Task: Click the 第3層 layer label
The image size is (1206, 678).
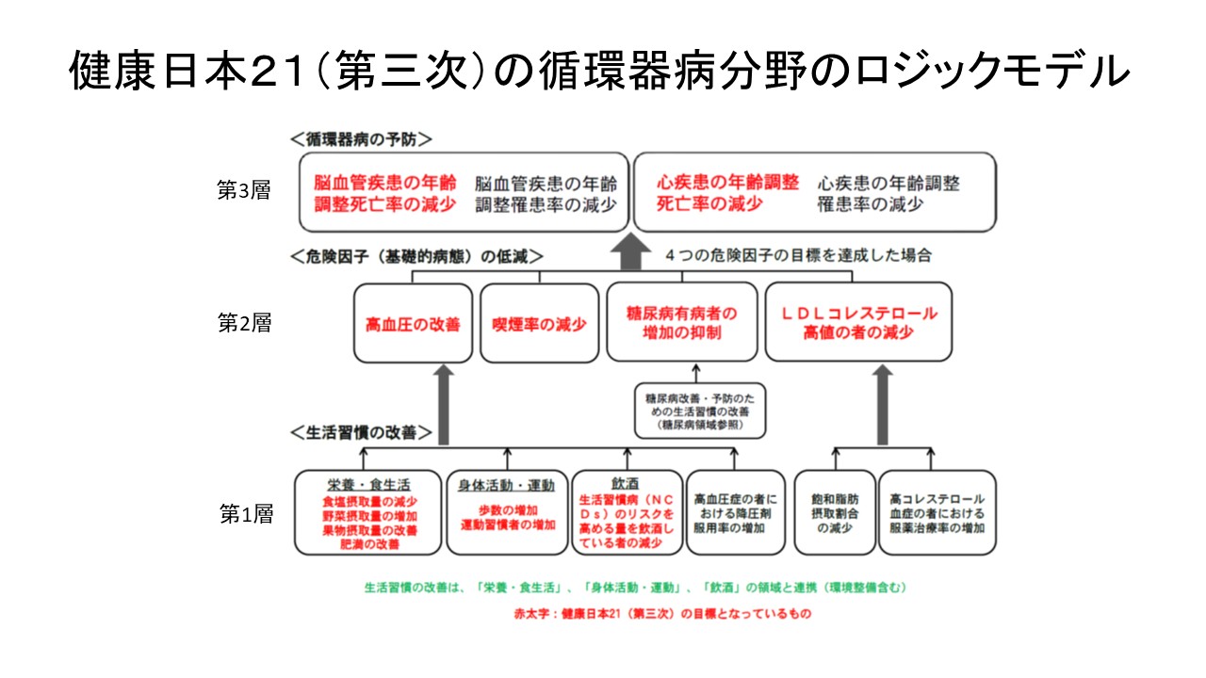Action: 244,190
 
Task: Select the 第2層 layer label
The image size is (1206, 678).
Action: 244,323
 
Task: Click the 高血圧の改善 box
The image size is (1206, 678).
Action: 413,323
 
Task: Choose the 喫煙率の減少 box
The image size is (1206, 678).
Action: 539,323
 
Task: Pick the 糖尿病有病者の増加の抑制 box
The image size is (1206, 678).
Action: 681,322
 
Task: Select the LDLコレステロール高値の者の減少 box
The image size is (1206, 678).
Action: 858,322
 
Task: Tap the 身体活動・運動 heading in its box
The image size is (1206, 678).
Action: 507,485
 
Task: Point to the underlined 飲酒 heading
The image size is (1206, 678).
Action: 627,483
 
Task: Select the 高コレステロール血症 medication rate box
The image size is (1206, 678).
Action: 937,513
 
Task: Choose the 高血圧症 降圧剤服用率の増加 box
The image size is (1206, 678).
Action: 735,513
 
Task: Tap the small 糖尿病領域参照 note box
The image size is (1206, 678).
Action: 699,412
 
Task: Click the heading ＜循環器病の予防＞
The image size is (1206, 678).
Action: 361,138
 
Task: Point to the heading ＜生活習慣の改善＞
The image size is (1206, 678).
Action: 361,433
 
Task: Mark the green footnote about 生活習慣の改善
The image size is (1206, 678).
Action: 635,588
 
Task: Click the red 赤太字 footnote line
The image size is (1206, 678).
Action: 635,613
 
